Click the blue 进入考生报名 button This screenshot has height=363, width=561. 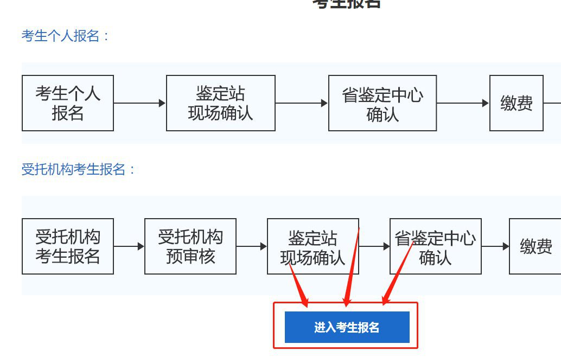347,327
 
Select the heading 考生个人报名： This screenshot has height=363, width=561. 66,36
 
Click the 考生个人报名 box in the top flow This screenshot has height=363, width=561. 68,103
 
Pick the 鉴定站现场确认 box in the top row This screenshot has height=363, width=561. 220,103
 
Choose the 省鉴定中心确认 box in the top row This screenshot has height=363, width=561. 382,103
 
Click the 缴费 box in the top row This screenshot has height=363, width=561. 516,103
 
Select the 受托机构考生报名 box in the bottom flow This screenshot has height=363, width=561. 68,246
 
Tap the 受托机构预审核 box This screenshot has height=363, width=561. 190,246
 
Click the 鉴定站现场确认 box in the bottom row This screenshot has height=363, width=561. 313,246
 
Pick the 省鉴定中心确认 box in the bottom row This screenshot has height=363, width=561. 435,246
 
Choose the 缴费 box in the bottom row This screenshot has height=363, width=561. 535,246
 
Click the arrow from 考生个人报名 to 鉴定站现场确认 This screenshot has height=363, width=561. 139,103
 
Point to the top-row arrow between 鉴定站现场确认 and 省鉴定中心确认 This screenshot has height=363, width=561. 302,103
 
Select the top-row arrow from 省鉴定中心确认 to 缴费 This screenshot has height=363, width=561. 463,103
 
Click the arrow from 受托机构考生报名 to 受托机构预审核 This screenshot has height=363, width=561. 129,246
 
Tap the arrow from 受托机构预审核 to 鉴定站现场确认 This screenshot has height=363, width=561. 252,246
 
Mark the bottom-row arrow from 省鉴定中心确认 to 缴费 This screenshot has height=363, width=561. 495,246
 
